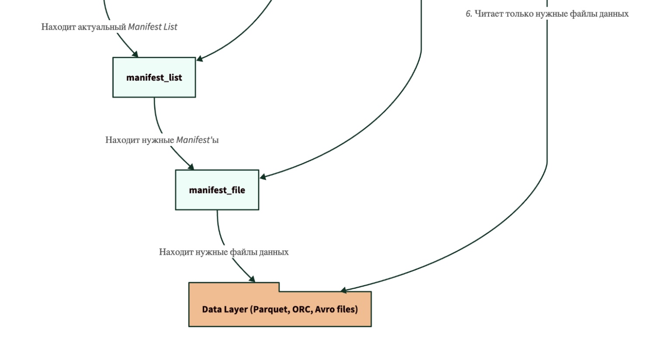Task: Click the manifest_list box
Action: (x=154, y=77)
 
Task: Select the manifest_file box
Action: (x=217, y=190)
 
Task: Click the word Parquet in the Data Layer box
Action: (x=271, y=309)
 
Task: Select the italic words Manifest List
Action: (x=153, y=27)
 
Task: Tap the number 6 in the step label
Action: (x=469, y=14)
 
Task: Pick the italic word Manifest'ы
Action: (x=197, y=140)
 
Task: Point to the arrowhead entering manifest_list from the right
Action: (x=199, y=59)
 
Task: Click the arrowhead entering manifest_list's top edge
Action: (x=135, y=54)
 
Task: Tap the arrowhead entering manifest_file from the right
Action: (x=263, y=177)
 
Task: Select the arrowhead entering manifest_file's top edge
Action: (x=191, y=166)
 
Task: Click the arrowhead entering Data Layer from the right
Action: (x=344, y=290)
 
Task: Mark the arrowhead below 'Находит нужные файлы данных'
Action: (x=252, y=279)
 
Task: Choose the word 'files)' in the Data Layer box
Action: (x=347, y=309)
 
